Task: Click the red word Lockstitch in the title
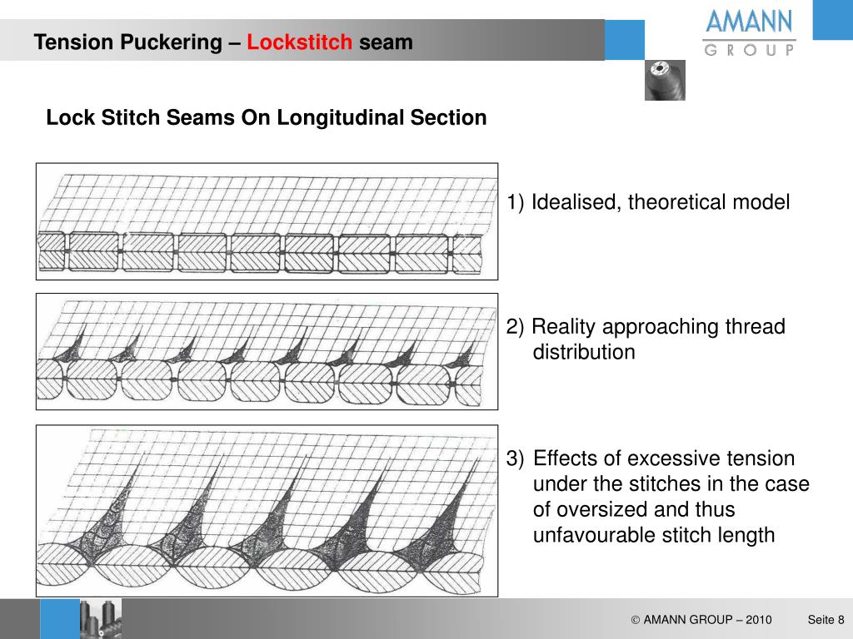299,42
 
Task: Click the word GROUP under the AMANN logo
749,50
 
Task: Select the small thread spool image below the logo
665,80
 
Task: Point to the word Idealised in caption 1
576,202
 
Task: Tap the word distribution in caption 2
584,352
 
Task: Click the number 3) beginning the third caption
516,458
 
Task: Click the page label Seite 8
826,620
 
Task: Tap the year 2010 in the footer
758,620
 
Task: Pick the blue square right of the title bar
624,40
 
